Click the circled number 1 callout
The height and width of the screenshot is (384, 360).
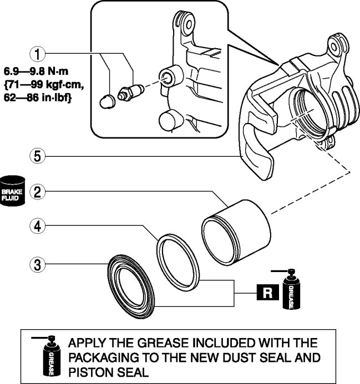37,54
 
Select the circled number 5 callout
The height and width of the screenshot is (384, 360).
37,157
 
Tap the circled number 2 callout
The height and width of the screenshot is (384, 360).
37,192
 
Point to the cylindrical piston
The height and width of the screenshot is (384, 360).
236,230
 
